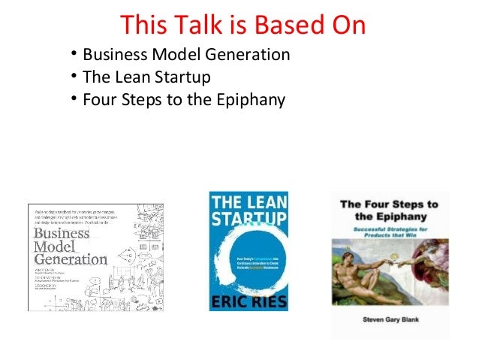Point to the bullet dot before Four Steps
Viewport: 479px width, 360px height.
[x=74, y=98]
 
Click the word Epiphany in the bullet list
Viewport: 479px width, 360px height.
[x=252, y=100]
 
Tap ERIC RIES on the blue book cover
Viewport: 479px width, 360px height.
[x=249, y=298]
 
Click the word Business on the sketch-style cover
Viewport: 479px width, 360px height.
[x=61, y=233]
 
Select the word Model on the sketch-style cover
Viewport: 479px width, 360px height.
[x=53, y=248]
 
